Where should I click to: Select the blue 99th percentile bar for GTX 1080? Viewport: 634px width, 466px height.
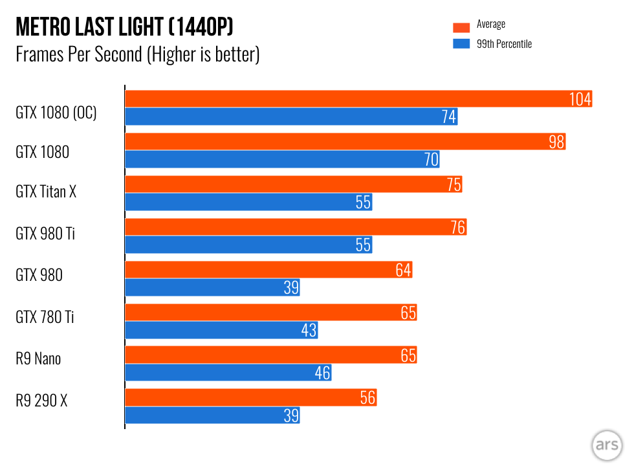282,159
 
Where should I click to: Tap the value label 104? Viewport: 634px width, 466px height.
580,99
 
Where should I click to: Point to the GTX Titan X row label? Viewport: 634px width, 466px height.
46,192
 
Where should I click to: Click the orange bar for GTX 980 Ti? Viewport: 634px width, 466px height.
295,227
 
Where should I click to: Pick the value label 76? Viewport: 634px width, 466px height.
457,227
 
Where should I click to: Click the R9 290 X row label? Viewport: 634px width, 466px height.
41,401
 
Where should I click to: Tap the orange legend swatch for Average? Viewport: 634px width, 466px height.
461,27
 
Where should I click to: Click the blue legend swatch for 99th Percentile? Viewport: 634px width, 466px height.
461,44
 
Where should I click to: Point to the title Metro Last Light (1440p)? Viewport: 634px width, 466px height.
124,27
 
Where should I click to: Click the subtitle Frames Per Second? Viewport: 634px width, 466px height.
137,54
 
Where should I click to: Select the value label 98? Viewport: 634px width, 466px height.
556,142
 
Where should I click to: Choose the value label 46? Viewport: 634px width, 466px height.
322,373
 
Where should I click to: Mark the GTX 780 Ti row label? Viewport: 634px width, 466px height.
45,317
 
